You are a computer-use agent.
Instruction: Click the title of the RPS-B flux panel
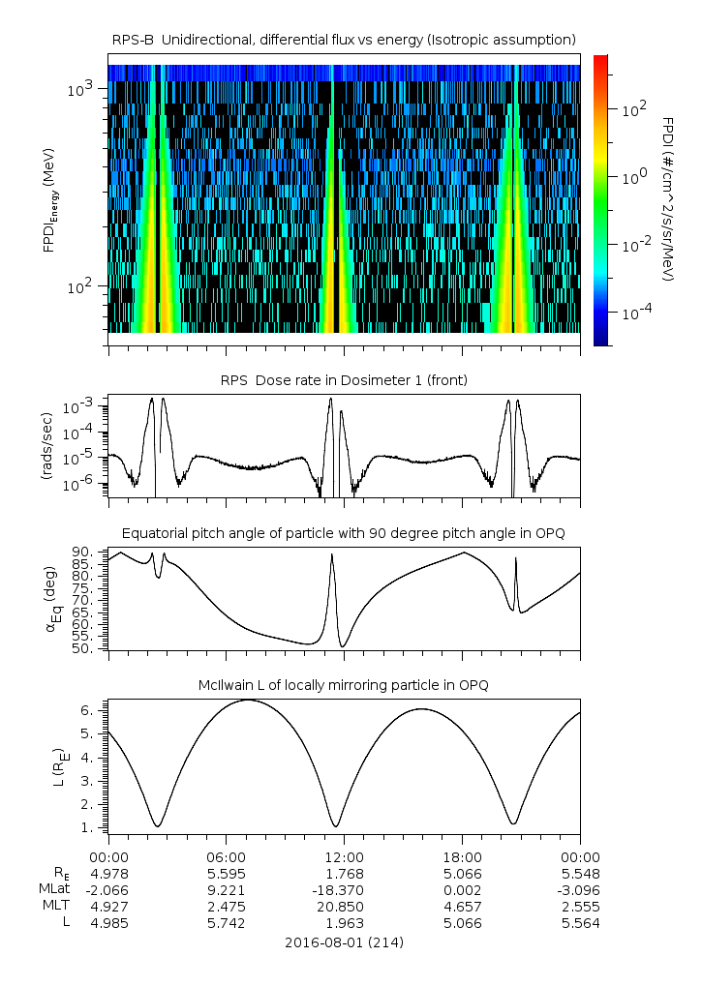345,39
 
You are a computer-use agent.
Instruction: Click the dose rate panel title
345,380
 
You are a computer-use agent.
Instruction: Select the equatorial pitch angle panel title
345,533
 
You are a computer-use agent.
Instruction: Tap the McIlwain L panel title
345,685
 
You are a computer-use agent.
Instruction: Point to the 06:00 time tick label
226,857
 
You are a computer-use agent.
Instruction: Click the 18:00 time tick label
462,857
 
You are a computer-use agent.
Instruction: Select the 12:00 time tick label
344,857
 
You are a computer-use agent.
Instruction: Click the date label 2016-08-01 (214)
345,941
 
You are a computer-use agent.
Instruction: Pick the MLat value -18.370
344,890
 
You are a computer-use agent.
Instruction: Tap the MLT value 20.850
344,907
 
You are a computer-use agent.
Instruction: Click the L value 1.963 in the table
344,923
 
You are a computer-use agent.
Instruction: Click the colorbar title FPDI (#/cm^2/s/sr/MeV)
669,199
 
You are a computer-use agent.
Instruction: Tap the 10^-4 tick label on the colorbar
634,313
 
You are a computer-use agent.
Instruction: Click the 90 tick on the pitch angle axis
83,552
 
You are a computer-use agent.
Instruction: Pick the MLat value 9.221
226,890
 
